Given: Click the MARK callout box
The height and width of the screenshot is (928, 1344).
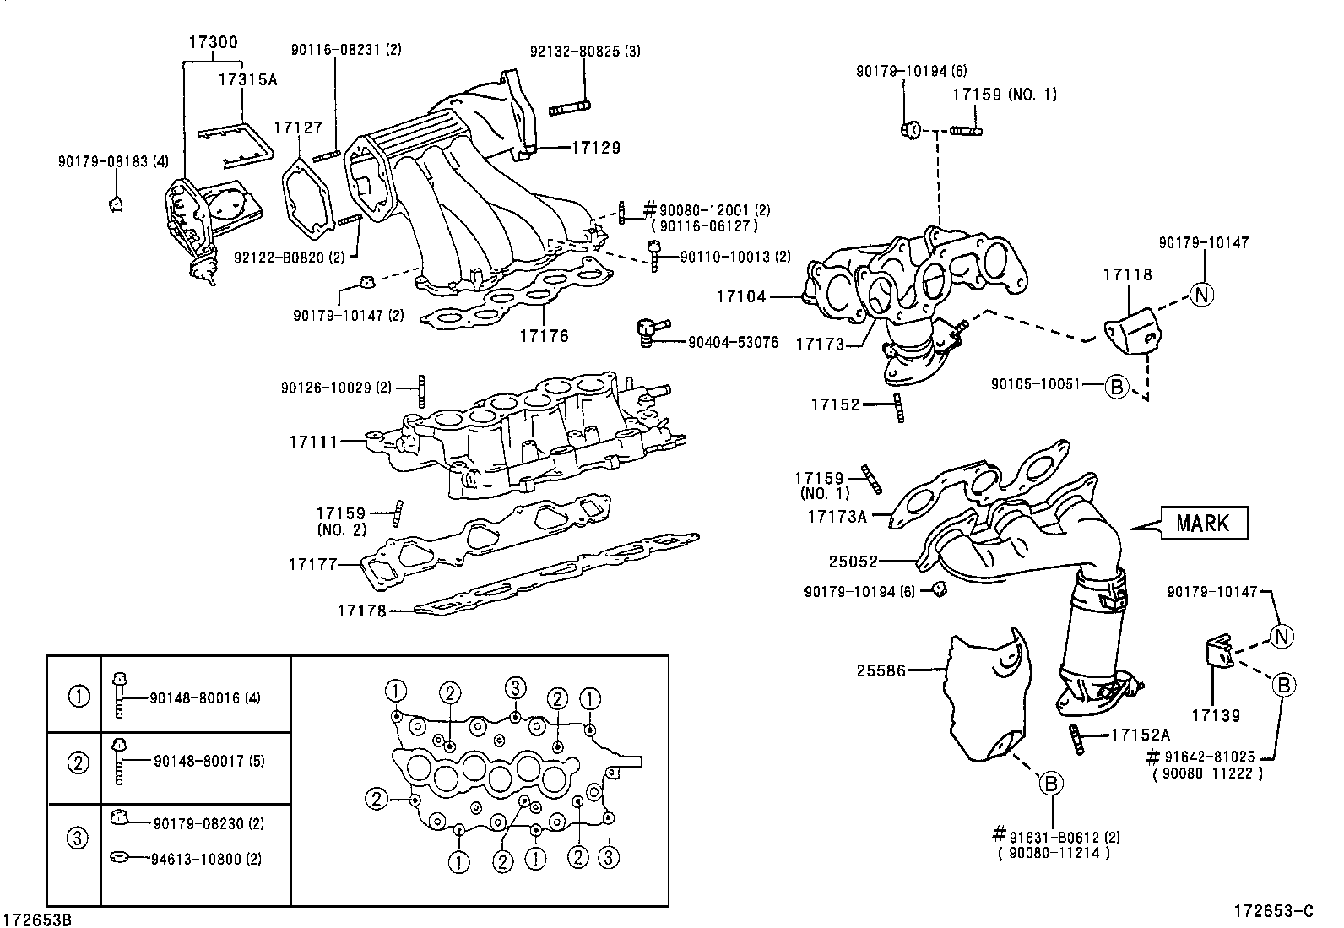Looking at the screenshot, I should point(1204,523).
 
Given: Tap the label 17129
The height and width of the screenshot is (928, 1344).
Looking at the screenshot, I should point(595,148).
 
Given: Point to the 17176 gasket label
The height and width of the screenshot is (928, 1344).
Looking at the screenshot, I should point(544,336).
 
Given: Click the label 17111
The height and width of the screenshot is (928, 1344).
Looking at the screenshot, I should point(313,442).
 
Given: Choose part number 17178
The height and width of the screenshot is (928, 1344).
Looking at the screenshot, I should point(361,610).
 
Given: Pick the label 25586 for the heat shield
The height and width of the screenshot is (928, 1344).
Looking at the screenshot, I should point(881,670).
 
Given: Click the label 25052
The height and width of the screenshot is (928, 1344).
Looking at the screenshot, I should point(853,561).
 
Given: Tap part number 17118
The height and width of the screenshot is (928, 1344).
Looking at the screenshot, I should point(1127,274).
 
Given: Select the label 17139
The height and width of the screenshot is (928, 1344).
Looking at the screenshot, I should point(1216,716).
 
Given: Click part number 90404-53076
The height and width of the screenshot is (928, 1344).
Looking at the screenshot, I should point(733,343).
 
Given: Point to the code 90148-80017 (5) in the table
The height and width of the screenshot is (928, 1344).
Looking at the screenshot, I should point(209,761).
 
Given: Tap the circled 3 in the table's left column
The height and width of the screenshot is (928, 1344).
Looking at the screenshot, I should point(77,838).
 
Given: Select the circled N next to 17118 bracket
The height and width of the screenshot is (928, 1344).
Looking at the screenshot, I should point(1202,294).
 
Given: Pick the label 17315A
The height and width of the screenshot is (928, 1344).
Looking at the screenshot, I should point(247,80).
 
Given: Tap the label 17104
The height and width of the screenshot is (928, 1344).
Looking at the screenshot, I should point(741,296).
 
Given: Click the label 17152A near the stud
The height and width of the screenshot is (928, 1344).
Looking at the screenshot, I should point(1141,735).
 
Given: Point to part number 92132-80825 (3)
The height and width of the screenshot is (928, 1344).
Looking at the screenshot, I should point(584,51).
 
